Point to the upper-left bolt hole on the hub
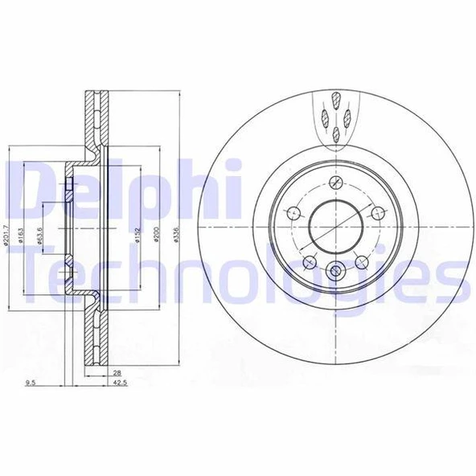coord(293,213)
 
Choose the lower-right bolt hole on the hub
coord(360,262)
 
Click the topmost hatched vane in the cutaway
coord(334,102)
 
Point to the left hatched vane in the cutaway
coord(325,119)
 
